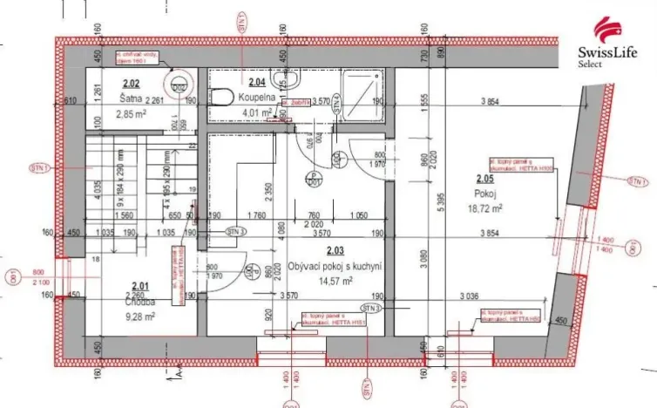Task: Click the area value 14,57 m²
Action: pos(335,281)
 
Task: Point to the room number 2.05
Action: pos(484,180)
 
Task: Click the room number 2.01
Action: pos(139,284)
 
